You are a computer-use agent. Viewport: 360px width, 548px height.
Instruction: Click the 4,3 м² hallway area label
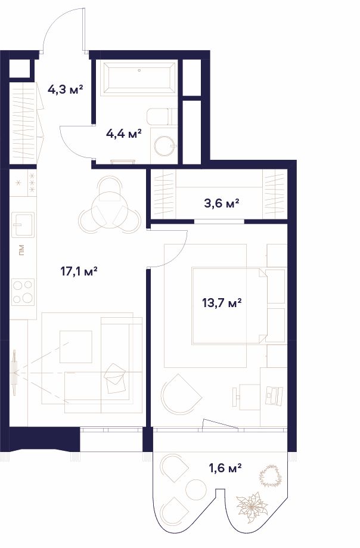(66, 89)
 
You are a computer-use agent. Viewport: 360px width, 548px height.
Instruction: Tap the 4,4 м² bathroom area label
(123, 134)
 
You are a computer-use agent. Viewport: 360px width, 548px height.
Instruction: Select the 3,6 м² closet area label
(221, 203)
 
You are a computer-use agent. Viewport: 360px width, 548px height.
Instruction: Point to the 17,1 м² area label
(79, 271)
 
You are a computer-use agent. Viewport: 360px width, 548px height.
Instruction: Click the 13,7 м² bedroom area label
(222, 302)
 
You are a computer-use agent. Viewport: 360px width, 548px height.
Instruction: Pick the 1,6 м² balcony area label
(225, 467)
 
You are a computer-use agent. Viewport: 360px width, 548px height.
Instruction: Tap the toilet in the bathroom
(162, 116)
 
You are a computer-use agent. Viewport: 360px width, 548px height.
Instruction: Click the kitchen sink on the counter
(23, 224)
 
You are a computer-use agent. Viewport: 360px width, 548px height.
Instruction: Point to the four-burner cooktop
(23, 292)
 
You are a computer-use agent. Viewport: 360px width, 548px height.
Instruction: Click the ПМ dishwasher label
(21, 250)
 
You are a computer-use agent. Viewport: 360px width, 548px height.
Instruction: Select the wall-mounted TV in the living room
(14, 373)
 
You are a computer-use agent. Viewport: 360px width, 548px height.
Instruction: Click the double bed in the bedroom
(229, 306)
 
